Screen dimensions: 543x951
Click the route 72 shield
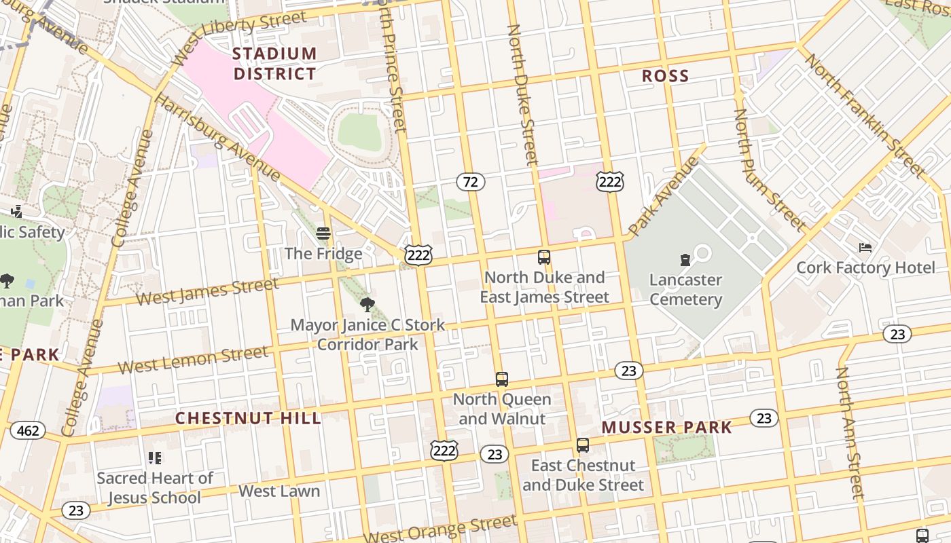point(470,181)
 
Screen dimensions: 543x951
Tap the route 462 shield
point(28,430)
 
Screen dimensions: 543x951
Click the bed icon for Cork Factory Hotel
point(865,248)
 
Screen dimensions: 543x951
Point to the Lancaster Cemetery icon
point(685,260)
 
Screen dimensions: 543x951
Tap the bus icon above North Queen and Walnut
point(501,379)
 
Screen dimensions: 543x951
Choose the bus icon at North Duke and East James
point(543,257)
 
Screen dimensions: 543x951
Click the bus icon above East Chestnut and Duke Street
point(582,445)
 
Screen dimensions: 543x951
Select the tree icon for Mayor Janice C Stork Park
point(367,305)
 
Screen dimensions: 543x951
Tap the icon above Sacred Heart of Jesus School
point(155,458)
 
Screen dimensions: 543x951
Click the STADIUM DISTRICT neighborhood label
point(274,63)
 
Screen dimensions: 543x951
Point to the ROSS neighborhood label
point(665,76)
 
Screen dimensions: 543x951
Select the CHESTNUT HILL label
point(248,418)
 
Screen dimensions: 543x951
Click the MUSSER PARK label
point(666,427)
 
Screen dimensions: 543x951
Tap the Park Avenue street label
point(663,196)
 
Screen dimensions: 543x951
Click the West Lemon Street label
point(193,360)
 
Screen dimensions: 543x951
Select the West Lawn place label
point(279,491)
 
